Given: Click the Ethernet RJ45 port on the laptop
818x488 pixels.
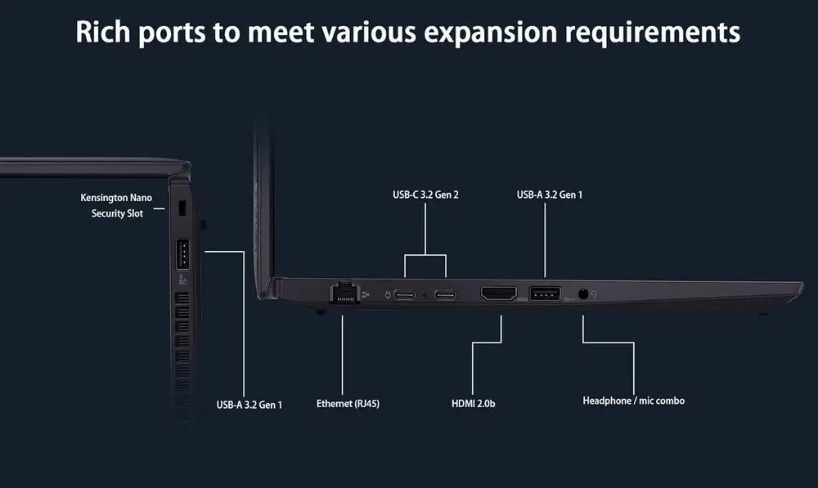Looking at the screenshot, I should (x=343, y=292).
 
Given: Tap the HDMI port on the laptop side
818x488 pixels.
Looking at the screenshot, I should (x=498, y=293).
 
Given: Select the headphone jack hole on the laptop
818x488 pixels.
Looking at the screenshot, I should (x=583, y=293).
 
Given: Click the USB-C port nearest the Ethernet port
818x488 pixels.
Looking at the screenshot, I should (x=405, y=294).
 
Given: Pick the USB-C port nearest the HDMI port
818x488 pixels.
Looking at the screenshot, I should (x=446, y=294).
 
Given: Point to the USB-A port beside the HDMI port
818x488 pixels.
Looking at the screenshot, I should (x=545, y=293).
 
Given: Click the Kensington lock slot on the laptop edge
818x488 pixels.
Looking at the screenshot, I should (x=182, y=209).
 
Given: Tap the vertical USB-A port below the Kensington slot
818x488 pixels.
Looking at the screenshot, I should (x=182, y=254).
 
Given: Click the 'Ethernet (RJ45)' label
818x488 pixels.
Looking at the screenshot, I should (x=348, y=403).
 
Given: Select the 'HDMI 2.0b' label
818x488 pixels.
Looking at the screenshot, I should (x=474, y=403).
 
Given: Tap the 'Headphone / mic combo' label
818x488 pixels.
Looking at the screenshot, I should (x=633, y=401).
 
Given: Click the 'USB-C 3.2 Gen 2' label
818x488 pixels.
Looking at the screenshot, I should (x=425, y=195).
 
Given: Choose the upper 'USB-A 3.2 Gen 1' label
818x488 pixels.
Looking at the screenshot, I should (x=550, y=195).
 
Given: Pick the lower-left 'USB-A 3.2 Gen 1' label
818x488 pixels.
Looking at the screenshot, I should (x=249, y=404).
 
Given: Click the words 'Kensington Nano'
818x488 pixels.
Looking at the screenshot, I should (x=116, y=198).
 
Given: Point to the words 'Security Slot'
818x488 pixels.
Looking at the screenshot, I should (x=117, y=213).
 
